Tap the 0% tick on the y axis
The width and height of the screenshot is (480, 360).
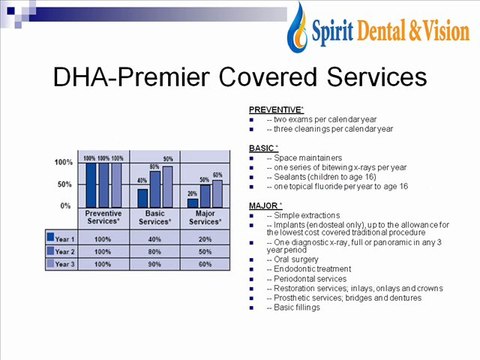(x=65, y=205)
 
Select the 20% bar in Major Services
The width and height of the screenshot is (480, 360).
(x=192, y=202)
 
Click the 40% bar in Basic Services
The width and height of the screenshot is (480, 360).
(x=142, y=196)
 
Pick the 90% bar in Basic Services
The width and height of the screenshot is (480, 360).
(x=166, y=185)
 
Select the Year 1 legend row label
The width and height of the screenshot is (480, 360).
(x=67, y=239)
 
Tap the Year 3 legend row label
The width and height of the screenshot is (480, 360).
(x=67, y=265)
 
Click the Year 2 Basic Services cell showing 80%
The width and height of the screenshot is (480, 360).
(x=154, y=252)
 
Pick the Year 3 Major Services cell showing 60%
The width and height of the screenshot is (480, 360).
(x=204, y=265)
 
